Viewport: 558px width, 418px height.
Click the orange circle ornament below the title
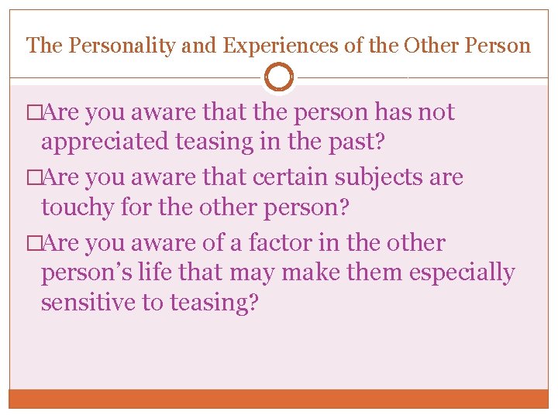pos(279,78)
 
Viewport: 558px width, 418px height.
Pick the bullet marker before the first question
pos(33,113)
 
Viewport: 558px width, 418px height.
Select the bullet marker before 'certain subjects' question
pos(33,178)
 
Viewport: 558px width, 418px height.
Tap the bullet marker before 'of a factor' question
pos(33,243)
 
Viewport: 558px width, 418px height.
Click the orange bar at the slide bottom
pos(279,399)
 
